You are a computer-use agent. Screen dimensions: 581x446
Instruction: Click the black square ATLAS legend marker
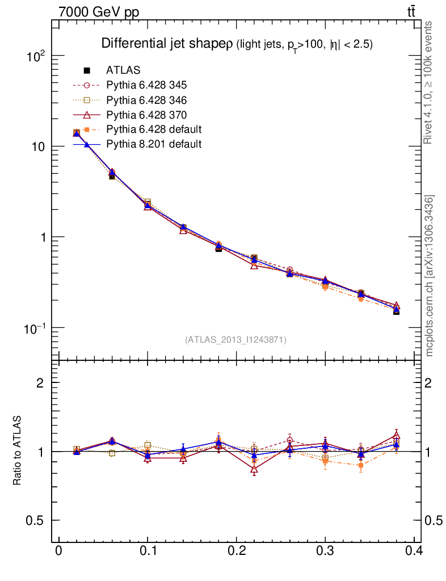(x=87, y=70)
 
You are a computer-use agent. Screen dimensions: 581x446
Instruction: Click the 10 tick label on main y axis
(x=38, y=146)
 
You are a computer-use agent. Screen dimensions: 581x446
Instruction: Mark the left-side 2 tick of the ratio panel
(x=40, y=383)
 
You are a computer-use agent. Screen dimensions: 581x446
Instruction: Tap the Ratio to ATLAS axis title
(x=18, y=451)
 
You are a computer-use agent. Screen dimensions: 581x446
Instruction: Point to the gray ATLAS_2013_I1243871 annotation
(x=235, y=340)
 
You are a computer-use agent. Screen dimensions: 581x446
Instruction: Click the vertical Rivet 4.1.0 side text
(x=429, y=82)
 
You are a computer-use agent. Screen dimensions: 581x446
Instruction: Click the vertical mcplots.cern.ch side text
(x=430, y=275)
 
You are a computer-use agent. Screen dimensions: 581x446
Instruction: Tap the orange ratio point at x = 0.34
(x=360, y=465)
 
